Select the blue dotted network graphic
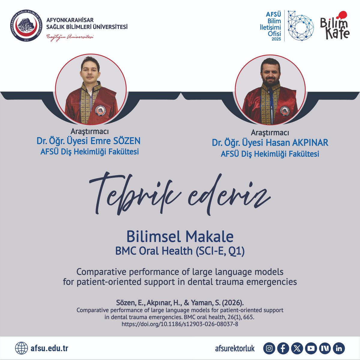pyautogui.click(x=301, y=26)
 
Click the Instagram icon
pyautogui.click(x=270, y=348)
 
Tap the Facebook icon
pyautogui.click(x=283, y=348)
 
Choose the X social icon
pyautogui.click(x=297, y=348)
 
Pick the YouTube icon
pyautogui.click(x=311, y=348)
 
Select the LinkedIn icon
pyautogui.click(x=339, y=348)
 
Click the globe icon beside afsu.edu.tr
pyautogui.click(x=21, y=348)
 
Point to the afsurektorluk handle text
pyautogui.click(x=235, y=348)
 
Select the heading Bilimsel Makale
pyautogui.click(x=180, y=236)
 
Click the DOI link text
pyautogui.click(x=180, y=324)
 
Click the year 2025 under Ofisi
pyautogui.click(x=276, y=39)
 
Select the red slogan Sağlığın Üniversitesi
pyautogui.click(x=70, y=37)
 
